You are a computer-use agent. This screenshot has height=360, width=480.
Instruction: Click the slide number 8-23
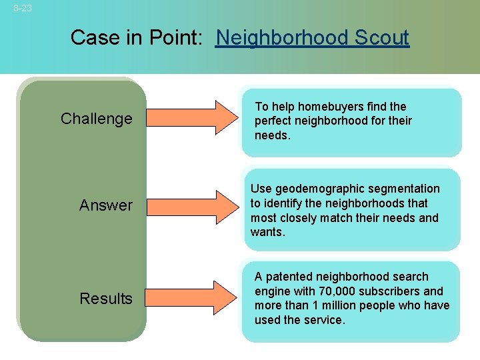pyautogui.click(x=21, y=9)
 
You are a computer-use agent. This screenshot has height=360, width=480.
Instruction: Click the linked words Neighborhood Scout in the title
pyautogui.click(x=312, y=37)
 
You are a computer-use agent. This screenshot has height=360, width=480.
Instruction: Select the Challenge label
pyautogui.click(x=96, y=119)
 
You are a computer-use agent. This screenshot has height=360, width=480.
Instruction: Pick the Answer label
pyautogui.click(x=106, y=205)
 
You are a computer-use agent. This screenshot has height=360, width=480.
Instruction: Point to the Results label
pyautogui.click(x=106, y=299)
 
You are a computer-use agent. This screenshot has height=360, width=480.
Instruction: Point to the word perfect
pyautogui.click(x=273, y=121)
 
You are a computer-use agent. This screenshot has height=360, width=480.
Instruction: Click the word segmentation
pyautogui.click(x=407, y=189)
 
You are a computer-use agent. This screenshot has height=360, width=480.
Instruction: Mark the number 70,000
pyautogui.click(x=354, y=291)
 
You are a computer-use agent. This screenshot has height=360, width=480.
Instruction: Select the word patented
pyautogui.click(x=287, y=277)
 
